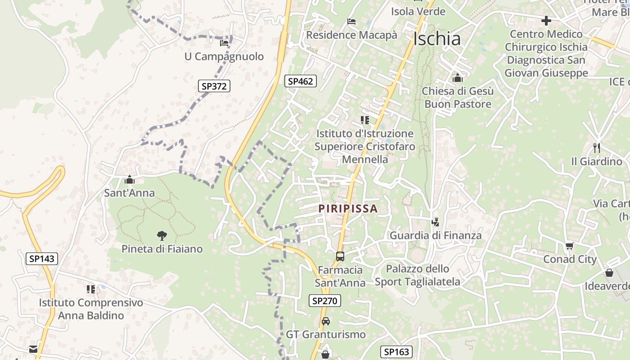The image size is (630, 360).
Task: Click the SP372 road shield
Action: pos(214,86)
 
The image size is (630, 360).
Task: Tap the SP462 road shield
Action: pos(301,81)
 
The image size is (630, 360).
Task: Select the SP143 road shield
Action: pos(42,258)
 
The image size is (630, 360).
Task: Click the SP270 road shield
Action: pos(325,301)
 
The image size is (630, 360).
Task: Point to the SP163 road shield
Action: pos(396,352)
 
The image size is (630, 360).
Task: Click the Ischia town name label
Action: pos(437,39)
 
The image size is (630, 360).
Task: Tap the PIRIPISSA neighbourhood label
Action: pos(348,209)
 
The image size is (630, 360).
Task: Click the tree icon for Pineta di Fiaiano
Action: pos(162,235)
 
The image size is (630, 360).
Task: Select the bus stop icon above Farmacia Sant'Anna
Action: pos(340,256)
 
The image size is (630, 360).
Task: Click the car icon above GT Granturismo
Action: pos(326,321)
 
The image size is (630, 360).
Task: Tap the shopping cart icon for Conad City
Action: pos(569,246)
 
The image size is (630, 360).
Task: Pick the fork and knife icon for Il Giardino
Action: pos(597,148)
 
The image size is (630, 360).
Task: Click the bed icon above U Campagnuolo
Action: pos(224,43)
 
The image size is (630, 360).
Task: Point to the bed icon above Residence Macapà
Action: pos(351,22)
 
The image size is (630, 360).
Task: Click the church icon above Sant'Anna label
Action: pos(130,180)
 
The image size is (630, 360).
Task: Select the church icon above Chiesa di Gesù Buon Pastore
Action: pos(458,78)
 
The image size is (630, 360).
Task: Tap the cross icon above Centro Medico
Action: pos(546,21)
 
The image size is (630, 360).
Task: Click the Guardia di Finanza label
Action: pos(435,235)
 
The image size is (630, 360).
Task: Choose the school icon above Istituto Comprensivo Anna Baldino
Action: pos(91,289)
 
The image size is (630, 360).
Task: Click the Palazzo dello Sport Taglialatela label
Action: pos(418,275)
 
